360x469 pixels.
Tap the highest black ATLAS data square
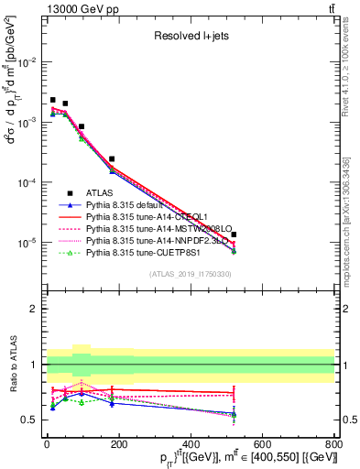pos(53,100)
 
